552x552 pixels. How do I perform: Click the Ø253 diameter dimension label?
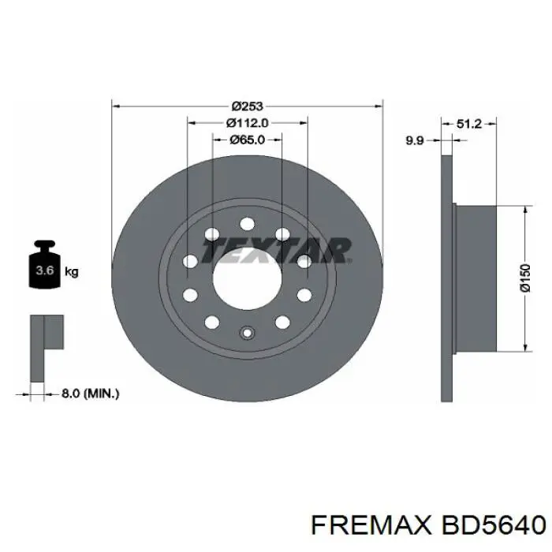pos(247,106)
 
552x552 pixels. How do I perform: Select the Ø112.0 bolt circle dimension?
pos(247,122)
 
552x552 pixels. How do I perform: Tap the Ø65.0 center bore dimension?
pos(247,140)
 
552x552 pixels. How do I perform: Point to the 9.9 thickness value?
pos(414,140)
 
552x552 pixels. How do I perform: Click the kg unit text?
pos(71,273)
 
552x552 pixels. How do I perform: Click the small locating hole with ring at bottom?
pos(247,332)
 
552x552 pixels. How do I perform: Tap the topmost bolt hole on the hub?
pos(247,223)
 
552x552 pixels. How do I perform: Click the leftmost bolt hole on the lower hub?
pos(190,295)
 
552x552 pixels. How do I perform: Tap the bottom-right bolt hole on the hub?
pos(282,322)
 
